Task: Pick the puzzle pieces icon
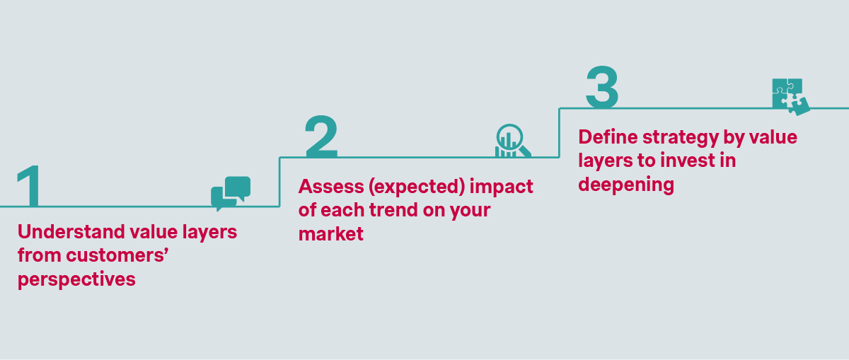coord(790,96)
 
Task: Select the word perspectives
coord(76,279)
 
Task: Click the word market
coord(331,233)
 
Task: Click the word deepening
coord(625,185)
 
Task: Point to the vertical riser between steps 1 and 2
coord(280,182)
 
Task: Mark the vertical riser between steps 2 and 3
coord(560,133)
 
